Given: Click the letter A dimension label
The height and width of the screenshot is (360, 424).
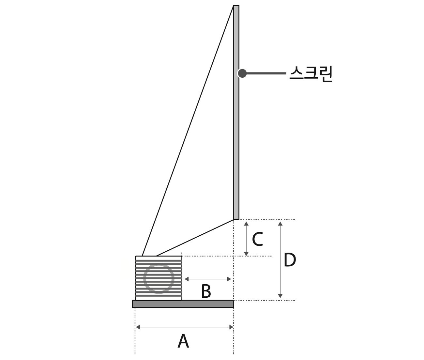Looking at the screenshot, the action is click(183, 341).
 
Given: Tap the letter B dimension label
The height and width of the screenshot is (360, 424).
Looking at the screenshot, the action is click(206, 291).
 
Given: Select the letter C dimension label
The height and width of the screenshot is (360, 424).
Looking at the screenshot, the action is click(257, 239).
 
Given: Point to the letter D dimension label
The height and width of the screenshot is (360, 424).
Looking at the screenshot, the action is click(290, 260).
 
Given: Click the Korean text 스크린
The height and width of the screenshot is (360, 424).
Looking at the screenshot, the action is click(310, 74).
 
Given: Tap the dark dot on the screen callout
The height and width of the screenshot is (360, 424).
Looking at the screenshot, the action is click(242, 73).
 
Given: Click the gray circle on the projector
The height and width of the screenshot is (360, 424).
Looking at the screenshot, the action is click(159, 278).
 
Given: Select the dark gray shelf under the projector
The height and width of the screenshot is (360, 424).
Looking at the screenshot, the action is click(183, 304).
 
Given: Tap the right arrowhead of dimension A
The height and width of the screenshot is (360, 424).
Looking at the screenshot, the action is click(231, 327).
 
